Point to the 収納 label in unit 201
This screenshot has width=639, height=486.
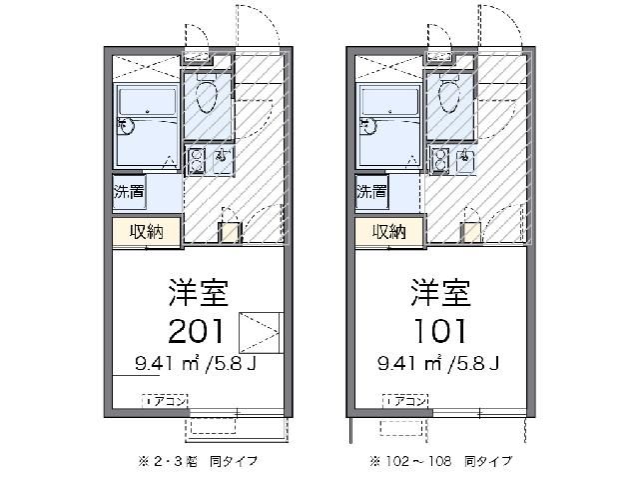146,232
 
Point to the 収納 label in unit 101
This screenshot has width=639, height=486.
389,232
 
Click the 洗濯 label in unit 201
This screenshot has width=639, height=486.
127,192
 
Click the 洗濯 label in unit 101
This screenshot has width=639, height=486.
370,192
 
